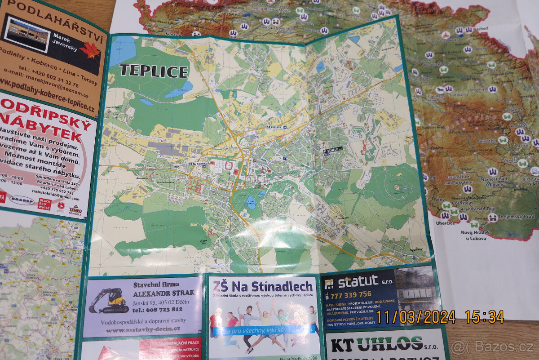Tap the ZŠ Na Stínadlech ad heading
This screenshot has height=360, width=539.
[x=263, y=286]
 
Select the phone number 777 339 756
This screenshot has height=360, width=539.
[x=351, y=294]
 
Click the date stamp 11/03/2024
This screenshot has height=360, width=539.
[x=415, y=317]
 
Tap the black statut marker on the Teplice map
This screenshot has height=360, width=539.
[x=333, y=149]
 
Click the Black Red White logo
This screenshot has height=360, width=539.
[x=44, y=203]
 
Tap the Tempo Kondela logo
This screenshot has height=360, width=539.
[x=75, y=210]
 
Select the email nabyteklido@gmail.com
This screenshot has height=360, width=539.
[x=56, y=197]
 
